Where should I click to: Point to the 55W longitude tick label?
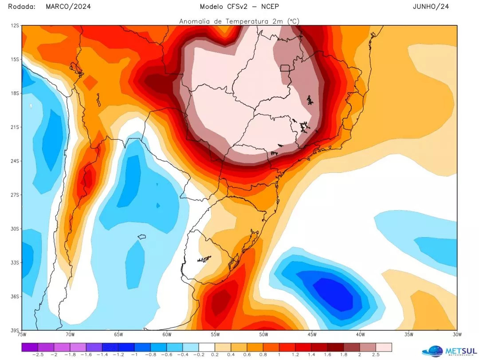click(215, 334)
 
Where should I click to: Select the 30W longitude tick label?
click(457, 334)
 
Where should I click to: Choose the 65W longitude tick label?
click(118, 334)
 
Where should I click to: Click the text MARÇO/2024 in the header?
click(68, 7)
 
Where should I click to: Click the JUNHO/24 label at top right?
click(431, 7)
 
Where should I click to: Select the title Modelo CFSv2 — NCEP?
click(239, 7)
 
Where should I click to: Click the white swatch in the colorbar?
click(207, 347)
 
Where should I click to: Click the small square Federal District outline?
click(285, 68)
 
